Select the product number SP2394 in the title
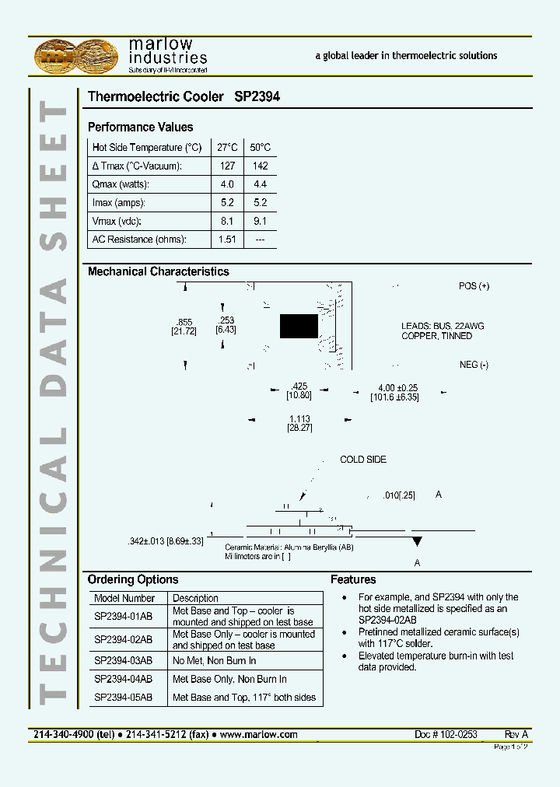tap(257, 97)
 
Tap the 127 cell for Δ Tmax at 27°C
tap(227, 166)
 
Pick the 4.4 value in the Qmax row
tap(260, 184)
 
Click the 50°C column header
tap(260, 148)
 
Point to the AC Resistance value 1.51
tap(227, 240)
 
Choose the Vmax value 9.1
tap(260, 221)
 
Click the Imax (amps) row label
tap(119, 202)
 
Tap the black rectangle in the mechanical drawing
tap(299, 326)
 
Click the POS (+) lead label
tap(474, 286)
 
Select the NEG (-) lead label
tap(474, 365)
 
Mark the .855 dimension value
tap(184, 322)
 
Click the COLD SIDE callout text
tap(363, 460)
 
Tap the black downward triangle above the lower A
tap(417, 541)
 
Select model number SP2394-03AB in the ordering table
tap(123, 661)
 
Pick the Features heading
tap(353, 579)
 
